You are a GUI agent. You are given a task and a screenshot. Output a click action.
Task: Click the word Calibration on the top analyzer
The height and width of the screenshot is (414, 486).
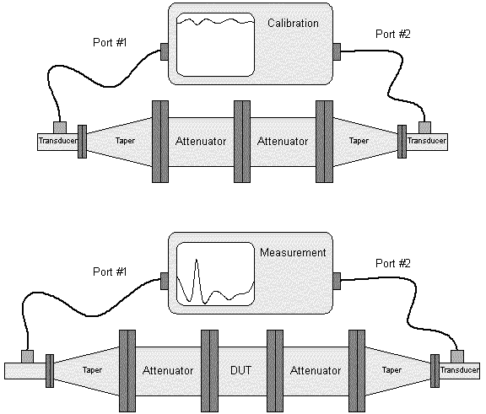coord(293,24)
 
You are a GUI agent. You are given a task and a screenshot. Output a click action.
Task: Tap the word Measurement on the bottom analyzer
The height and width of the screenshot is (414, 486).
coord(293,252)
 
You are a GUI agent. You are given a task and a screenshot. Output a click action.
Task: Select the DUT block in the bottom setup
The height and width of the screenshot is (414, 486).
coord(241,370)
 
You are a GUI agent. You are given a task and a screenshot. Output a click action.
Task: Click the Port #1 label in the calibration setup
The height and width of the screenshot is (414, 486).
coord(110,42)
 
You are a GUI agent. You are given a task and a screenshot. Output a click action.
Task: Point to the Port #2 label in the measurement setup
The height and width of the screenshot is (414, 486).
coord(393,263)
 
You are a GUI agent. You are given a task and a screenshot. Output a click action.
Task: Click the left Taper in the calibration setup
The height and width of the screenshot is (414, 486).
coord(119,142)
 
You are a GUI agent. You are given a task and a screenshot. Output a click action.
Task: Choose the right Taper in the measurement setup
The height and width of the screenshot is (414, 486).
coord(398,370)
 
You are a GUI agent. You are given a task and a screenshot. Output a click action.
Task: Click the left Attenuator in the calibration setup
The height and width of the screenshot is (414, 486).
coord(201,142)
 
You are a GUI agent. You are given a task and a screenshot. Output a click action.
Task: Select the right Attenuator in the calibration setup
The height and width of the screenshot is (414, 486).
coord(283,142)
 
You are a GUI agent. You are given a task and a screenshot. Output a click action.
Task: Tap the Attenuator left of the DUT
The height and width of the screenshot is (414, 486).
coord(168,370)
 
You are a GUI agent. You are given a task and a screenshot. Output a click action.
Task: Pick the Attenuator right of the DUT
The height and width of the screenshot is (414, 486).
coord(316,370)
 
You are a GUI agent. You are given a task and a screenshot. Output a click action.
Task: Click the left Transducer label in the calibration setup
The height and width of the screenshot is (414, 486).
coord(58,141)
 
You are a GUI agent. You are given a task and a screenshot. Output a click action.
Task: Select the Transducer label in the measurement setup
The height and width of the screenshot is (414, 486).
coord(460,370)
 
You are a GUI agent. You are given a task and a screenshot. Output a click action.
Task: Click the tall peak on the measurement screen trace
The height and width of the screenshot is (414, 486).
coord(197,260)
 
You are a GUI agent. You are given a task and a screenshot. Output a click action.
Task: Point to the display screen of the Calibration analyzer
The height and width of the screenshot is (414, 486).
coord(215,45)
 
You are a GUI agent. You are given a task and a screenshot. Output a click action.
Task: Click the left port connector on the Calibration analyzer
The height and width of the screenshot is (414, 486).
coord(165,51)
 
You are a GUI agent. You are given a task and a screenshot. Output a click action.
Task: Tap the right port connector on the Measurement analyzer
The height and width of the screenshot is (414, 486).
coord(337,281)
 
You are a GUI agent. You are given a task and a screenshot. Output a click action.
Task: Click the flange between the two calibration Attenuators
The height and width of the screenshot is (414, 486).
coord(242,142)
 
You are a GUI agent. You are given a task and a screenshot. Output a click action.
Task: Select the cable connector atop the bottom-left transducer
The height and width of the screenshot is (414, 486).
coord(27,357)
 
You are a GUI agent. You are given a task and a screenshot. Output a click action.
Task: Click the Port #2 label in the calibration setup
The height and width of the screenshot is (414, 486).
coord(393,34)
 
